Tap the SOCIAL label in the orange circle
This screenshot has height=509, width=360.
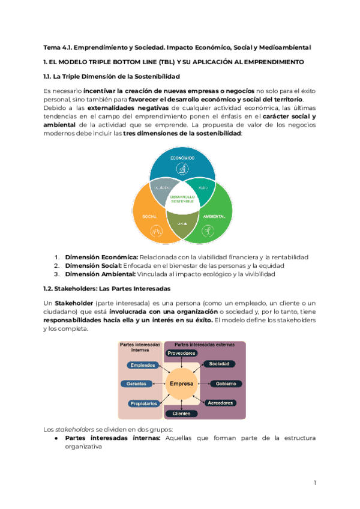click(149, 215)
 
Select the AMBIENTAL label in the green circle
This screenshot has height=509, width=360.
click(214, 215)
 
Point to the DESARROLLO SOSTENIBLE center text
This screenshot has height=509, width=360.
click(182, 199)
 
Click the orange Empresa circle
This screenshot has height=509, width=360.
click(181, 384)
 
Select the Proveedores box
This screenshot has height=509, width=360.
click(181, 354)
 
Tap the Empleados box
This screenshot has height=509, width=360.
click(143, 365)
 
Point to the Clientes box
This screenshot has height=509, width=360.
click(181, 414)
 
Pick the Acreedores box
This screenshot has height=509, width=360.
click(220, 403)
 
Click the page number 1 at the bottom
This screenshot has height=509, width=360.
click(314, 483)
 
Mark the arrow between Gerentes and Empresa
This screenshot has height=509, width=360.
click(159, 384)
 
